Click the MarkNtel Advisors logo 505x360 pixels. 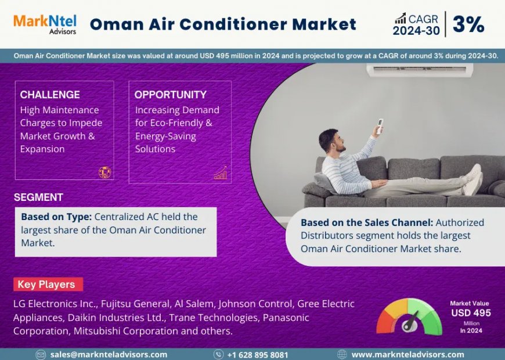tap(45, 24)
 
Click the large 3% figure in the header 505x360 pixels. tap(468, 24)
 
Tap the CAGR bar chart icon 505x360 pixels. tap(401, 18)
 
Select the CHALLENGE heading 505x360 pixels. tap(50, 95)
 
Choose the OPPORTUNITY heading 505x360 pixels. tap(170, 95)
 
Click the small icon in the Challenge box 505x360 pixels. tap(104, 172)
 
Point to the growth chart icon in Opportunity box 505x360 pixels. tap(221, 172)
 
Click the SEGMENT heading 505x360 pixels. tap(38, 197)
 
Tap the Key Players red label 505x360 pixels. tap(46, 285)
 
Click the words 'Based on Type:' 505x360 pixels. tap(56, 217)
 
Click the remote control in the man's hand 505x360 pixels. tap(380, 125)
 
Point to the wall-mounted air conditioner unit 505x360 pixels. tap(420, 70)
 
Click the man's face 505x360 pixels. tap(329, 140)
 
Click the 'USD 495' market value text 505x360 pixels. tap(471, 313)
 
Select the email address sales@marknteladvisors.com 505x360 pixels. tap(109, 354)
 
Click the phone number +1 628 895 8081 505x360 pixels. tap(257, 354)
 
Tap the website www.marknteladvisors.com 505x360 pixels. tap(407, 354)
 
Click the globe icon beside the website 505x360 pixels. tap(342, 354)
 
